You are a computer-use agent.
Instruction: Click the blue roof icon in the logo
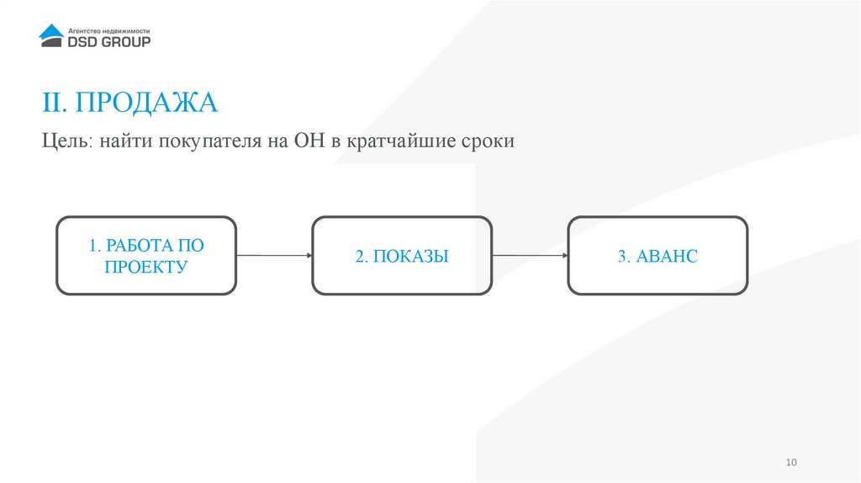coord(51,33)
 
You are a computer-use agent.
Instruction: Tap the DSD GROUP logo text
coord(108,40)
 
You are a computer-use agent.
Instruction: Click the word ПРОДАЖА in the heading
coord(145,103)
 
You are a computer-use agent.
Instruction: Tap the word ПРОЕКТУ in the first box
coord(146,268)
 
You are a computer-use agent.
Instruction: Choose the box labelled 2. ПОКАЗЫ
coord(402,255)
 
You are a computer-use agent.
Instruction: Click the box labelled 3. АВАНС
coord(658,255)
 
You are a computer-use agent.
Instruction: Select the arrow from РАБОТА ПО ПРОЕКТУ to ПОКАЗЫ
coord(274,255)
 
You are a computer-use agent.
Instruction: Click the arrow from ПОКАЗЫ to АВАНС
coord(530,255)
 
